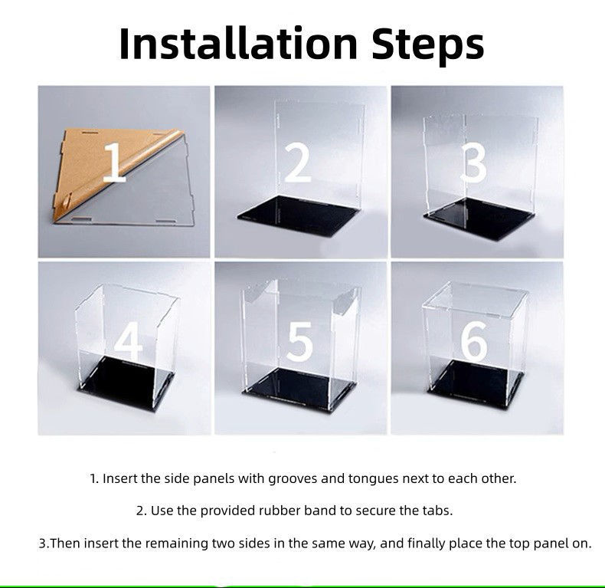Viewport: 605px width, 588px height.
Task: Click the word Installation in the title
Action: click(239, 43)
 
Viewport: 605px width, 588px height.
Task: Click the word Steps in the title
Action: click(428, 46)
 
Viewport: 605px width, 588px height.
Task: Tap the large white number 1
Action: click(115, 163)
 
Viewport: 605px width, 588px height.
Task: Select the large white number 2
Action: click(297, 163)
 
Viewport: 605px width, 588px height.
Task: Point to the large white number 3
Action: click(474, 164)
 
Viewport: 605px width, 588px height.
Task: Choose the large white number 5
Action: click(299, 342)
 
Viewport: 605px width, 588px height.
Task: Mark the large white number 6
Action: click(474, 341)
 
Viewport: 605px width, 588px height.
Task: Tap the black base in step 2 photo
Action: click(301, 216)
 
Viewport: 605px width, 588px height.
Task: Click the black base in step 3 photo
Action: click(479, 218)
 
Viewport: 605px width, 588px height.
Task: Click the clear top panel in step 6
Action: click(476, 300)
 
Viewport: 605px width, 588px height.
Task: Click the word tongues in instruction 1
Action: click(373, 479)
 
